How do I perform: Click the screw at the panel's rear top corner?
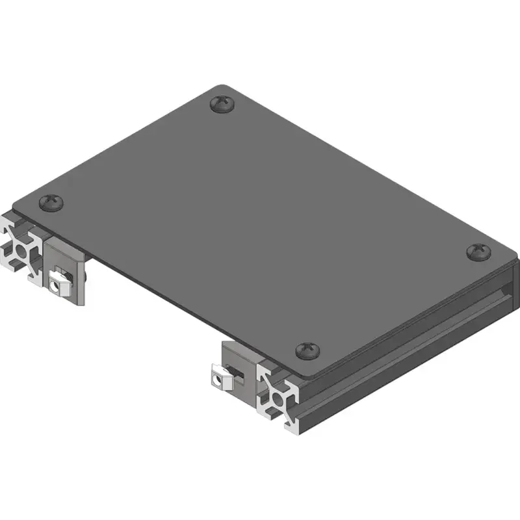click(224, 103)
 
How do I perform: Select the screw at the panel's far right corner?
click(480, 252)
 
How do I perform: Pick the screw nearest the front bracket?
click(307, 351)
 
